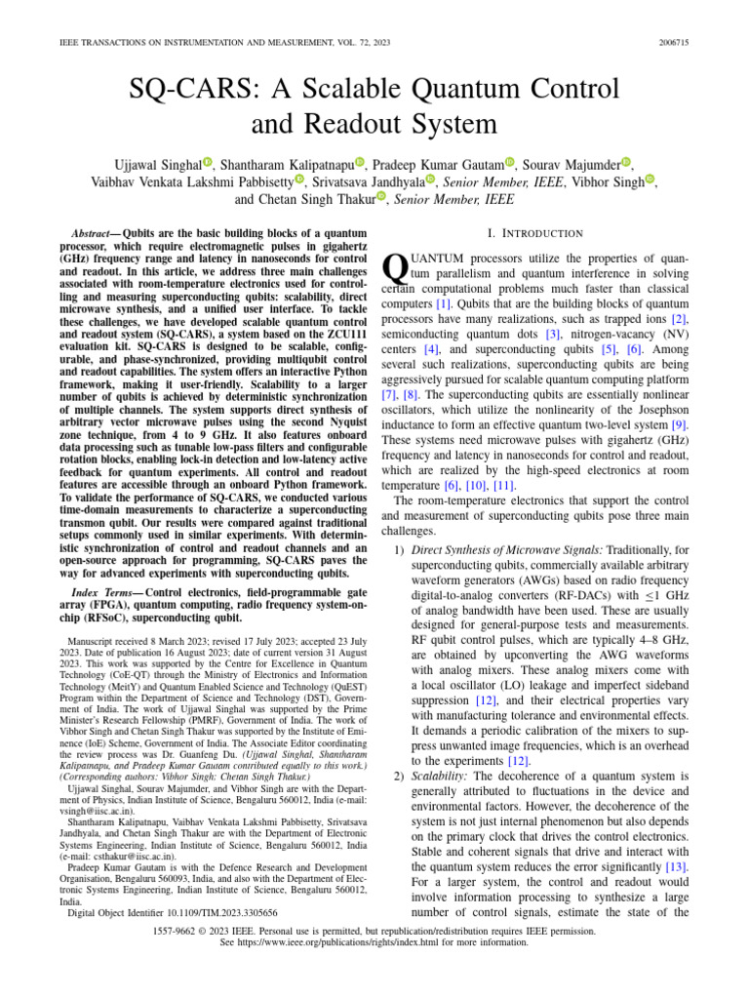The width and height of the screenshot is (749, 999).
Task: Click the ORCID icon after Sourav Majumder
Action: pos(626,162)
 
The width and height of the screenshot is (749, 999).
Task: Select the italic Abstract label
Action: pos(96,234)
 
